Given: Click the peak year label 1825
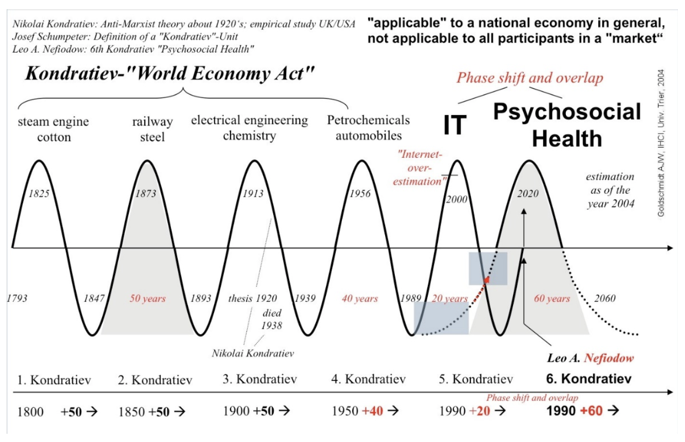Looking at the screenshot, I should pos(39,194).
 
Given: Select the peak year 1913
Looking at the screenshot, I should pos(253,194).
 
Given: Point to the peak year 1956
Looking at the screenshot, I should pos(360,194).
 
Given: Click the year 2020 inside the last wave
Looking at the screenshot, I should pos(528,194).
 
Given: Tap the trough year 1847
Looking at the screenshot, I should pos(93,298).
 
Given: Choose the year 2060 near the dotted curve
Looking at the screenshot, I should pos(605,298).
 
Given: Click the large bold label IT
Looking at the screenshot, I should pos(455,125).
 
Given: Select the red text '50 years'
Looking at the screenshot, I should pos(148,298).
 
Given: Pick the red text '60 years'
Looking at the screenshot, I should pos(552,298).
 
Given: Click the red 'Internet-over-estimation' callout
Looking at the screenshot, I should pos(421,167).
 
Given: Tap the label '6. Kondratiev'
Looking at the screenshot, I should pos(596,379).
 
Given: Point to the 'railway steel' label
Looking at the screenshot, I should pos(152,130).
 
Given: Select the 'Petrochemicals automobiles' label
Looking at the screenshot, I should pos(368,127).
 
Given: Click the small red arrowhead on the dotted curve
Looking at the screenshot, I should pos(486,280).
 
